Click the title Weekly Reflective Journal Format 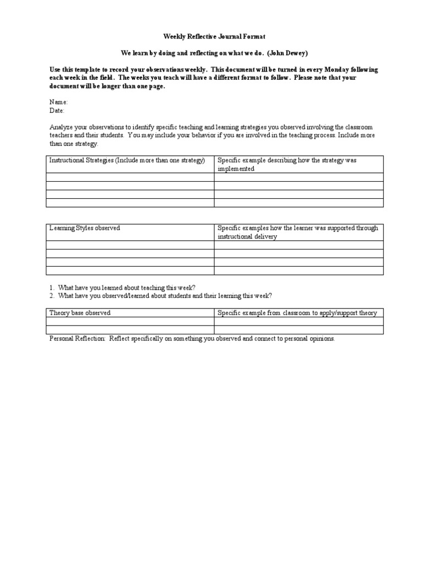tap(207, 36)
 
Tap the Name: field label tap(59, 102)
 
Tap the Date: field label tap(58, 110)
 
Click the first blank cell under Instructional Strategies tap(129, 177)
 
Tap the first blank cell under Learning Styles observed tap(129, 245)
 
